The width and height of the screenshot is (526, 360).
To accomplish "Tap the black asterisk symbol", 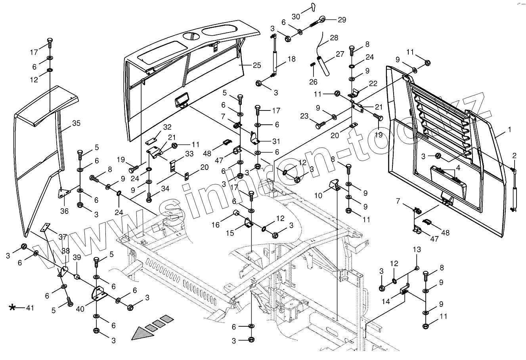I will click(x=13, y=307).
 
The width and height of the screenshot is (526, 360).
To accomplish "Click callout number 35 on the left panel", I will click(x=76, y=123).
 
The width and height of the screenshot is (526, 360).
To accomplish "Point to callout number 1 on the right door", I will click(x=509, y=130).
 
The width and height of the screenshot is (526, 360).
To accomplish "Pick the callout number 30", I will click(x=296, y=16).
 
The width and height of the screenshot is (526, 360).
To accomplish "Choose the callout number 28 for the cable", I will click(x=334, y=38).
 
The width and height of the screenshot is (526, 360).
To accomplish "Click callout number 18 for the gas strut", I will click(x=291, y=59).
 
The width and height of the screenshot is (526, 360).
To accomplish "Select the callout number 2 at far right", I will click(x=514, y=156).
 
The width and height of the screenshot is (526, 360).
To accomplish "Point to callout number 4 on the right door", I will click(x=458, y=168).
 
